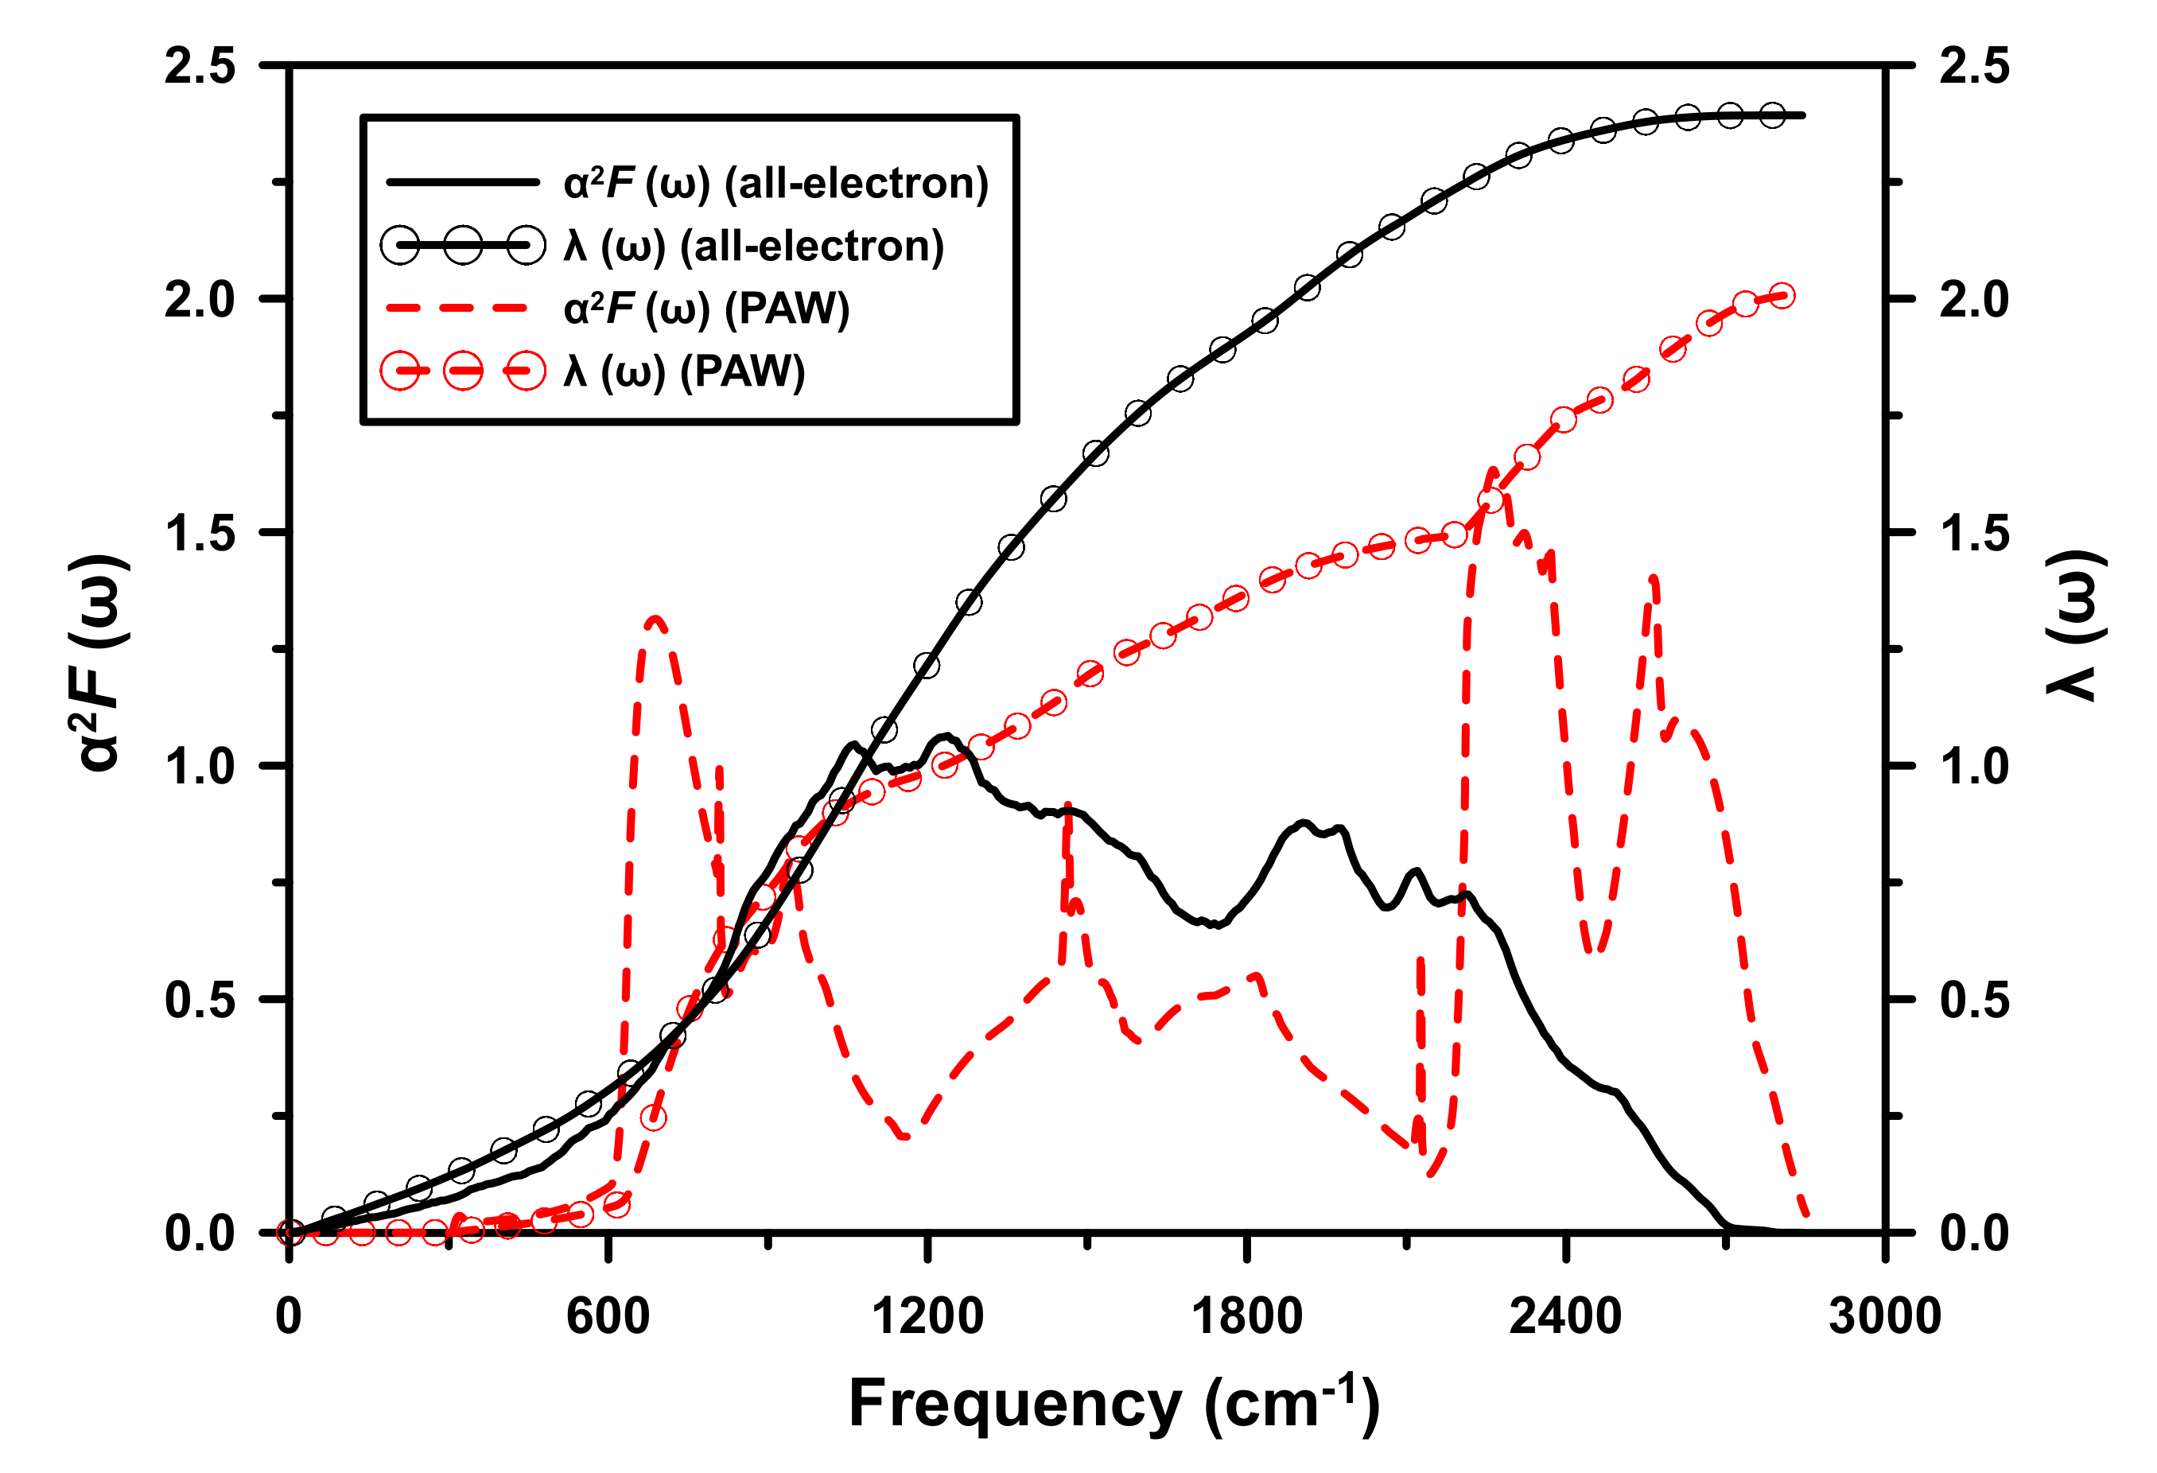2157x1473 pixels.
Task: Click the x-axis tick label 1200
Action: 927,1317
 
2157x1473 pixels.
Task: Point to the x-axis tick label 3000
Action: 1884,1317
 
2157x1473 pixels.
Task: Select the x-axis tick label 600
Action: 608,1317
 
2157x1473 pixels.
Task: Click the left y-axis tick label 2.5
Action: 200,67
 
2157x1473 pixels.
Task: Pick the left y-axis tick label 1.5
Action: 200,534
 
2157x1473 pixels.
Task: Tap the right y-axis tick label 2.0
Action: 1974,300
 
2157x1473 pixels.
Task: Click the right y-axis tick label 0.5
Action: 1974,1001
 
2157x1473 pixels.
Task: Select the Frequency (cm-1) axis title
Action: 1113,1405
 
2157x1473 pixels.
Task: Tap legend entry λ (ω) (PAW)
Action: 684,371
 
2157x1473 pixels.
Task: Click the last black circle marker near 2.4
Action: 1772,116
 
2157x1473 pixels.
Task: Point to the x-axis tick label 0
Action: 289,1317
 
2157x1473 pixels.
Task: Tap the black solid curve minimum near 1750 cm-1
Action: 1216,924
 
